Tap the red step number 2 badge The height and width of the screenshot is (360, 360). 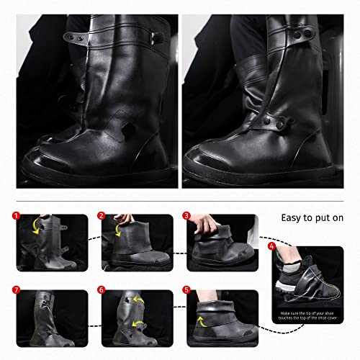[102, 215]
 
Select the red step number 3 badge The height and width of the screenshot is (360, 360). [186, 215]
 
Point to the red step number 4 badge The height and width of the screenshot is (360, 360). [271, 246]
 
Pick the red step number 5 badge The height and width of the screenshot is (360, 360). [186, 291]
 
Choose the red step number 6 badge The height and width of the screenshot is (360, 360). [102, 291]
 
